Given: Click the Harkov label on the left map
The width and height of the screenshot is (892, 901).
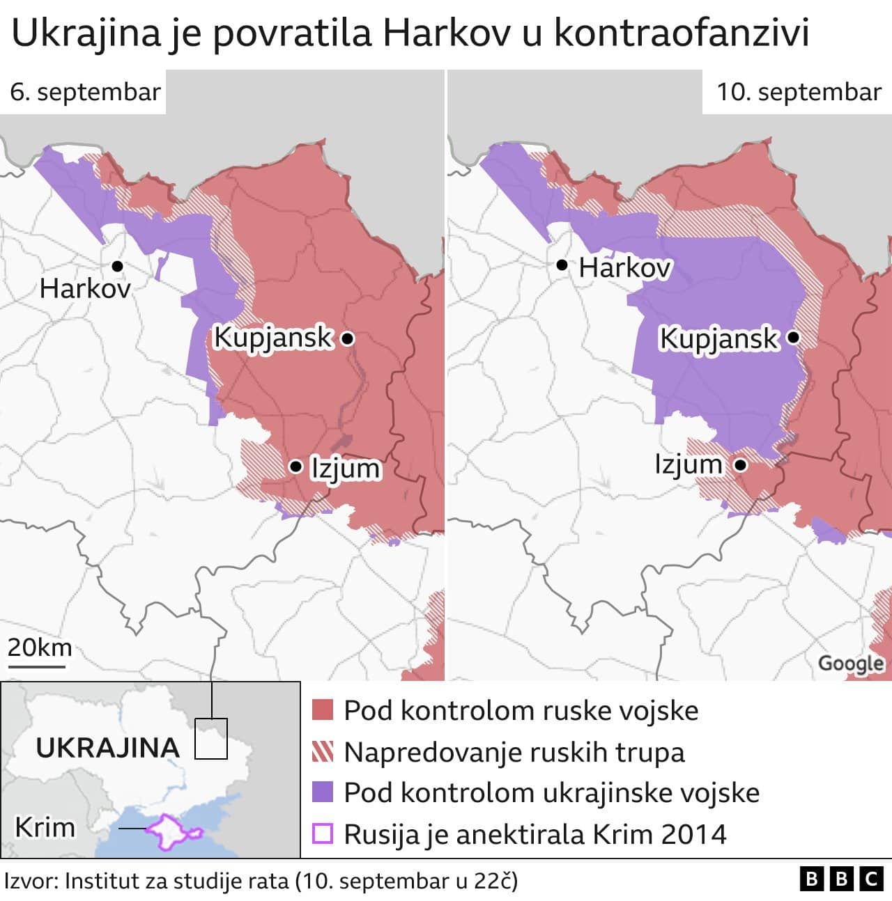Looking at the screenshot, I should click(x=84, y=288).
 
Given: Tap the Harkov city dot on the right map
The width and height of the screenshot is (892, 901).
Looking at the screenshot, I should click(x=562, y=265).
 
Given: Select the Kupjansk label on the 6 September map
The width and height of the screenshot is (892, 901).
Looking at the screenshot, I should click(x=273, y=338).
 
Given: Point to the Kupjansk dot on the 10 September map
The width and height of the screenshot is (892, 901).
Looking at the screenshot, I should click(x=793, y=338).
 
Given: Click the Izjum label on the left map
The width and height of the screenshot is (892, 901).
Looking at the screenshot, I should click(x=345, y=468).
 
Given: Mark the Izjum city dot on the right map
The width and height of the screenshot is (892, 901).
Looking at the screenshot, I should click(x=740, y=464).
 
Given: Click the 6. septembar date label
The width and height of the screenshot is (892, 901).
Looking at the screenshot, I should click(x=84, y=92).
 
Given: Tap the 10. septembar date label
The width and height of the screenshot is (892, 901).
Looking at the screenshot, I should click(x=799, y=92).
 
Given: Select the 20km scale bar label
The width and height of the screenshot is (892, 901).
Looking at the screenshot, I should click(x=39, y=648).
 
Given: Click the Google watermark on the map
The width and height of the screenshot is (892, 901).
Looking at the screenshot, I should click(x=851, y=663).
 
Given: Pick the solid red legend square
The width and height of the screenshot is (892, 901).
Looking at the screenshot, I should click(x=323, y=711).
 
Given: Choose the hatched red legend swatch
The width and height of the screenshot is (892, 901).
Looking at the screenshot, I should click(x=323, y=752).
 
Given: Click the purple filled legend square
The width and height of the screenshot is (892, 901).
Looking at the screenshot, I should click(x=323, y=792).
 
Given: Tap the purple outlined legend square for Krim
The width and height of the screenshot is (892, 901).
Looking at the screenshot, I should click(x=323, y=833).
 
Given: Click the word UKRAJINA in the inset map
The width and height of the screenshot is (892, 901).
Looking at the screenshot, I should click(x=107, y=748).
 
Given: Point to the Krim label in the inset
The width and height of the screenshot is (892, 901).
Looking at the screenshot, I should click(x=45, y=828).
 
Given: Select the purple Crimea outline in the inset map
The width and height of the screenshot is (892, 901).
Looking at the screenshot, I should click(x=171, y=831).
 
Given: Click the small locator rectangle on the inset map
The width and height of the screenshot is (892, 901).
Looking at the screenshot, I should click(x=210, y=738).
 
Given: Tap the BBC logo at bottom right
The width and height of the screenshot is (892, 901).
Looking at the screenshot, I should click(x=841, y=879).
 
